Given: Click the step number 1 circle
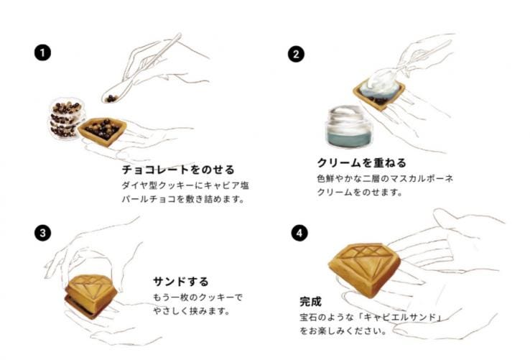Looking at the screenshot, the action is pyautogui.click(x=42, y=53).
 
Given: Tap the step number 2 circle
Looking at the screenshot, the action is pyautogui.click(x=296, y=54).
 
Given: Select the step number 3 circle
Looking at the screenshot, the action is pyautogui.click(x=42, y=233).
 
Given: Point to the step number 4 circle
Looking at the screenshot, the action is pyautogui.click(x=299, y=233).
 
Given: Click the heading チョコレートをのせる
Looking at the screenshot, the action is pyautogui.click(x=178, y=170).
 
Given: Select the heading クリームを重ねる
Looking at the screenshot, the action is pyautogui.click(x=361, y=163).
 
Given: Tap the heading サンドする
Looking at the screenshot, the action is pyautogui.click(x=181, y=282).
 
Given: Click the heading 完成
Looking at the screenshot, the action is pyautogui.click(x=310, y=302).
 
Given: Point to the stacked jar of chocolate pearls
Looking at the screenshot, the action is pyautogui.click(x=66, y=119).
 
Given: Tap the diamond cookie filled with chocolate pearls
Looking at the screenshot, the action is pyautogui.click(x=103, y=131).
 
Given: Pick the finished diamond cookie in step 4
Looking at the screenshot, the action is pyautogui.click(x=365, y=269).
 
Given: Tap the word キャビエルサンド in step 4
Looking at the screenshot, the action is pyautogui.click(x=401, y=318).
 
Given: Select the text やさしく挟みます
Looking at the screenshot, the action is pyautogui.click(x=191, y=310).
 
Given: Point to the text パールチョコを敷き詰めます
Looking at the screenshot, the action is pyautogui.click(x=183, y=199).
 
